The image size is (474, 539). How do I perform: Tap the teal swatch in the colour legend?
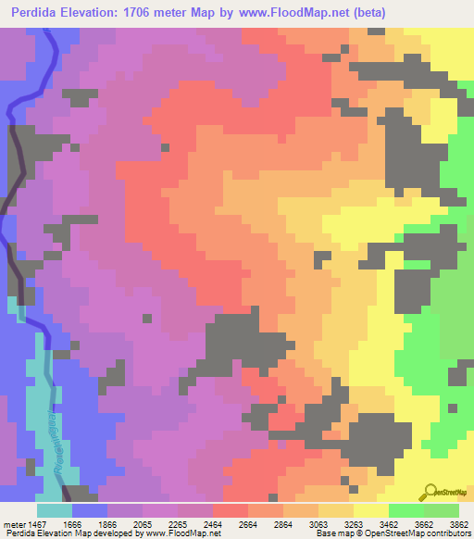point(55,509)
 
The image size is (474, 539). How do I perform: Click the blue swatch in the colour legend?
point(90,509)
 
